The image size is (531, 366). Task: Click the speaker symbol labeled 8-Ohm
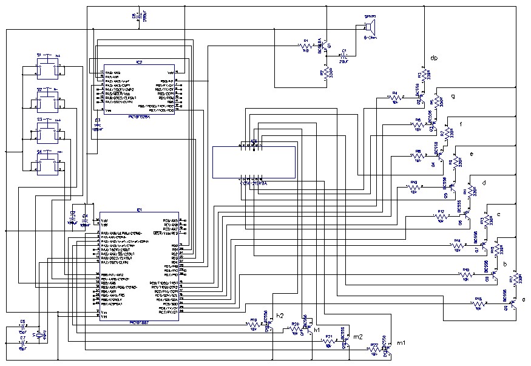pyautogui.click(x=368, y=27)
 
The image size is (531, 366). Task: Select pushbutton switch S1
pyautogui.click(x=47, y=70)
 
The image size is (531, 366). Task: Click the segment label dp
pyautogui.click(x=434, y=58)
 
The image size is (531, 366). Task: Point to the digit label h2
pyautogui.click(x=280, y=316)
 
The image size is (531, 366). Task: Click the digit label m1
pyautogui.click(x=401, y=344)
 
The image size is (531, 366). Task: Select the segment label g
pyautogui.click(x=453, y=97)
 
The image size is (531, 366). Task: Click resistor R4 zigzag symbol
pyautogui.click(x=394, y=97)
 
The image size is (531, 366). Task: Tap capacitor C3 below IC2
pyautogui.click(x=96, y=124)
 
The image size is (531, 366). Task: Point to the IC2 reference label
pyautogui.click(x=139, y=62)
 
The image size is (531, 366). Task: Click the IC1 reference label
pyautogui.click(x=139, y=209)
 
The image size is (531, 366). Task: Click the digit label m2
pyautogui.click(x=358, y=336)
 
